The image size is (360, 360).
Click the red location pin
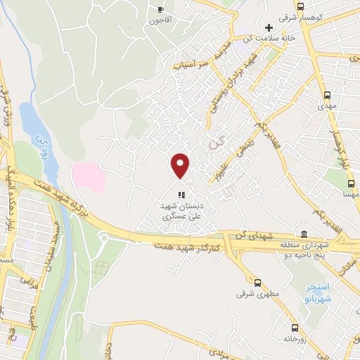[181, 165]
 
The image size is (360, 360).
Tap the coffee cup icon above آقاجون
[161, 10]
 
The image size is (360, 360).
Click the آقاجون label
[160, 20]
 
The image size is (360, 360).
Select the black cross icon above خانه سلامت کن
[268, 27]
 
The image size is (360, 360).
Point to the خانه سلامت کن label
[266, 38]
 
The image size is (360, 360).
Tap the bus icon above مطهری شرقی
[257, 283]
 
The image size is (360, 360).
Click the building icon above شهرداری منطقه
[303, 233]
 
